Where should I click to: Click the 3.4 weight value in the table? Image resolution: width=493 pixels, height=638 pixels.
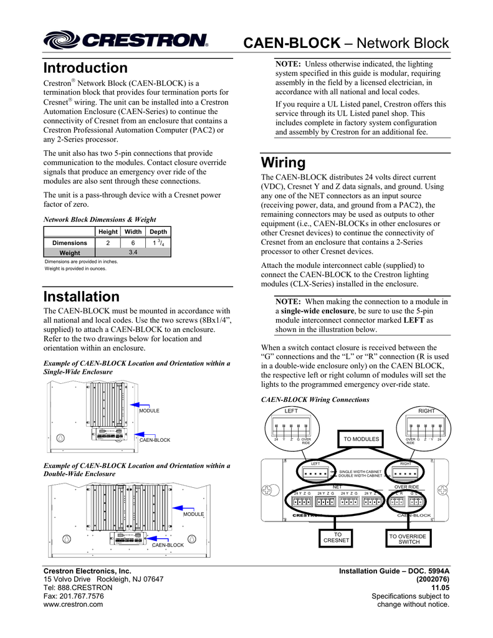tap(132, 252)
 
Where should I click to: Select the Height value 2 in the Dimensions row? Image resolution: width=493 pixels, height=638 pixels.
tap(108, 242)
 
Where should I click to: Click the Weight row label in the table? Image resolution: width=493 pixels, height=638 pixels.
tap(69, 253)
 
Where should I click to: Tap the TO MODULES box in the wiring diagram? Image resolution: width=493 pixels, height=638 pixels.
tap(361, 439)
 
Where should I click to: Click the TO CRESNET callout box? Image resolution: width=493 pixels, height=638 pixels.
tap(337, 538)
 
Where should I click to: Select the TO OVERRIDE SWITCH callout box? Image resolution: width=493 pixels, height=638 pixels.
tap(408, 538)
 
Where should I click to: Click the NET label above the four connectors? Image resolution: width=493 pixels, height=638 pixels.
tap(337, 487)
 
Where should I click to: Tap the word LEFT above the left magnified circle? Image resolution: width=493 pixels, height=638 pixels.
tap(291, 411)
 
